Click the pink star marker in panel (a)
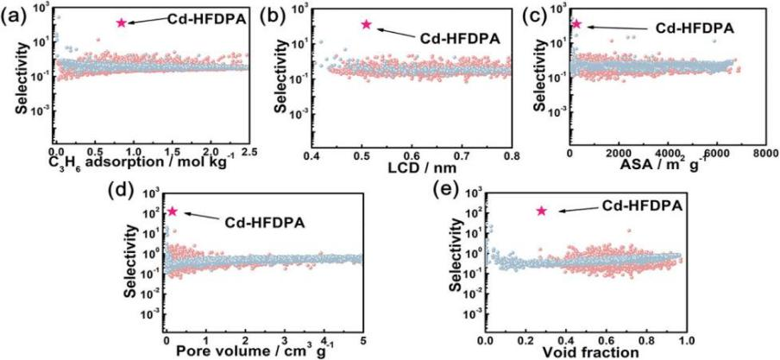pos(122,22)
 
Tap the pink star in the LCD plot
pos(366,24)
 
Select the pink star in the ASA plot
pos(576,24)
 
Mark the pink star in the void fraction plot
pos(542,211)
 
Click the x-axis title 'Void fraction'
pos(587,352)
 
